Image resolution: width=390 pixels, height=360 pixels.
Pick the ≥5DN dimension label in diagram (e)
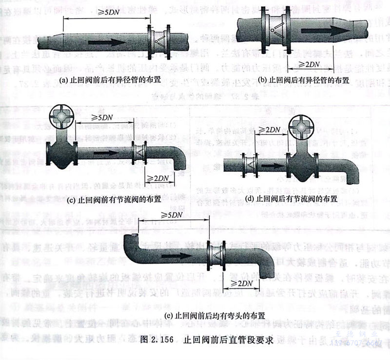pyautogui.click(x=170, y=215)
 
